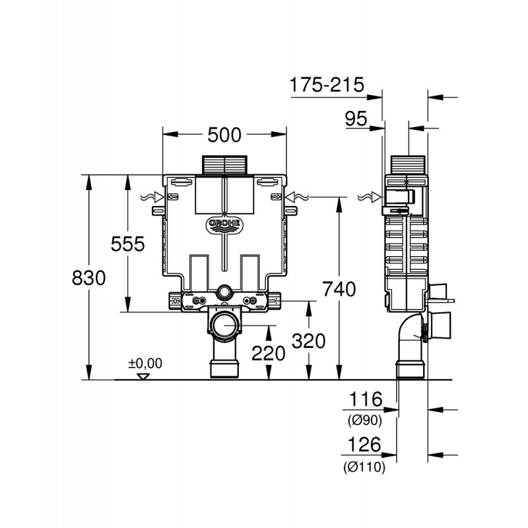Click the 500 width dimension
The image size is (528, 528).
pyautogui.click(x=224, y=135)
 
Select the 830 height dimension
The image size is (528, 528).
pyautogui.click(x=89, y=278)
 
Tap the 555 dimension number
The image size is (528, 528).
pyautogui.click(x=127, y=244)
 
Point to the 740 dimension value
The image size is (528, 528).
pyautogui.click(x=339, y=289)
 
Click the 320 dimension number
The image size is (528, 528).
pyautogui.click(x=308, y=341)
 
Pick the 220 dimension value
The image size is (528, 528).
pyautogui.click(x=269, y=354)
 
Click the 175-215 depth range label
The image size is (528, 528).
pyautogui.click(x=327, y=84)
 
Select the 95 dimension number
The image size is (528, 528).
pyautogui.click(x=356, y=119)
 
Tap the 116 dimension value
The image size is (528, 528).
pyautogui.click(x=366, y=399)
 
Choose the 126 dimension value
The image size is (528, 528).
pyautogui.click(x=364, y=444)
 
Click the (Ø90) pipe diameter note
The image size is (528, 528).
pyautogui.click(x=365, y=420)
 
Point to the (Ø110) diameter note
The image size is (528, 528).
pyautogui.click(x=364, y=467)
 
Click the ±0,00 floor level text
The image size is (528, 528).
pyautogui.click(x=145, y=364)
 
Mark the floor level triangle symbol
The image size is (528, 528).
pyautogui.click(x=144, y=376)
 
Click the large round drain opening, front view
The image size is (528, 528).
pyautogui.click(x=224, y=325)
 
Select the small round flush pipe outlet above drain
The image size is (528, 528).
pyautogui.click(x=224, y=292)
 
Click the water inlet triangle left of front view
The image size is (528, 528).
pyautogui.click(x=158, y=197)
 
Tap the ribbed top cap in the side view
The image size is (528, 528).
pyautogui.click(x=408, y=165)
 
